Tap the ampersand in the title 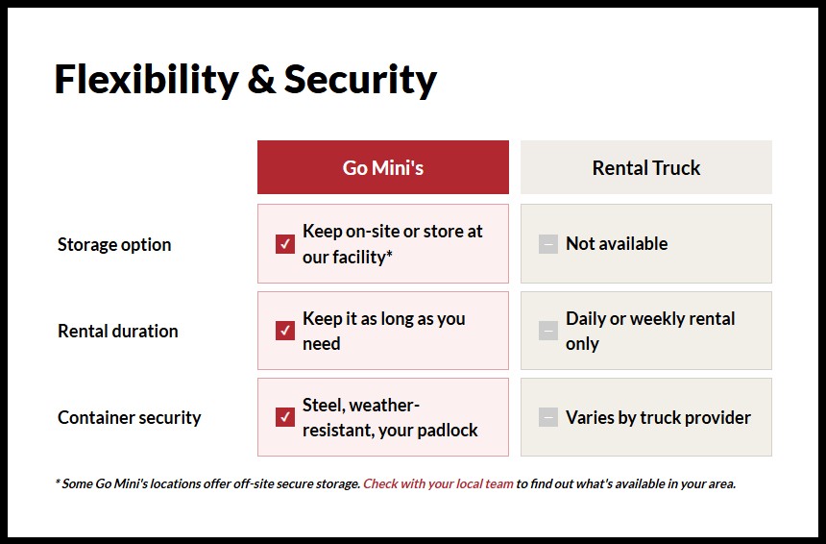click(261, 79)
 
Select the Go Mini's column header click(382, 167)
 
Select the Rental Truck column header click(645, 167)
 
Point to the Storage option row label click(114, 244)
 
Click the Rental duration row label click(117, 331)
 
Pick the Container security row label click(129, 417)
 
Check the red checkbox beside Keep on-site click(284, 244)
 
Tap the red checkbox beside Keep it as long click(284, 331)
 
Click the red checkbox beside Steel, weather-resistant click(284, 417)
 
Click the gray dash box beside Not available click(547, 244)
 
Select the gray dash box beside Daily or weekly click(547, 331)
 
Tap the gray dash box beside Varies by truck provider click(547, 417)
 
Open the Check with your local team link click(438, 483)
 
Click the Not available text click(617, 244)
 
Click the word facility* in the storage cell click(361, 258)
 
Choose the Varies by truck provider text click(658, 417)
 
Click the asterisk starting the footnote click(58, 482)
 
